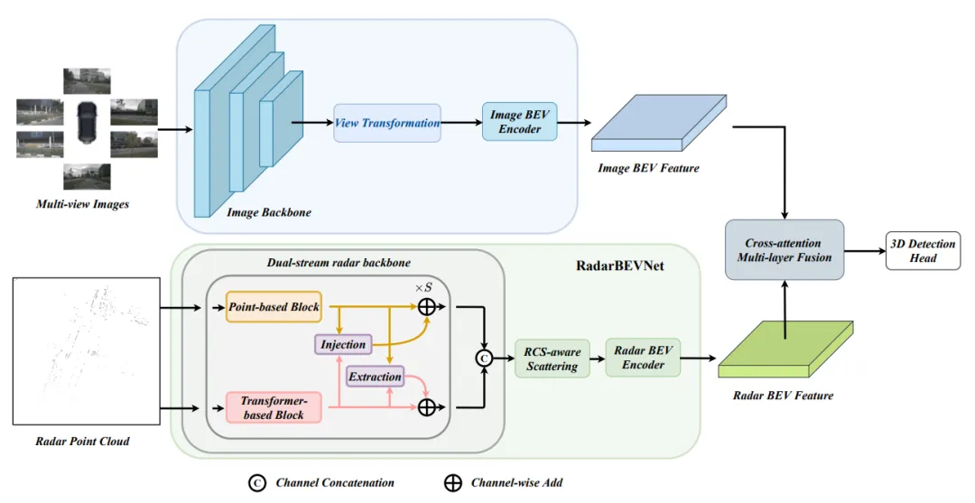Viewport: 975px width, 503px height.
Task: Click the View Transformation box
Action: click(386, 123)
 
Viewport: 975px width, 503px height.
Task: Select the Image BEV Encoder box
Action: click(519, 122)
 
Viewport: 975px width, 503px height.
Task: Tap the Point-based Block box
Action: click(274, 306)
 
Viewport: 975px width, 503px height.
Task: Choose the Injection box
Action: click(343, 344)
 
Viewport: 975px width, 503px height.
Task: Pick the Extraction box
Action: click(375, 377)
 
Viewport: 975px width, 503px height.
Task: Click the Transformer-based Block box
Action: click(274, 408)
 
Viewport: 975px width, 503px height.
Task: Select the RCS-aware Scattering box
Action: click(552, 359)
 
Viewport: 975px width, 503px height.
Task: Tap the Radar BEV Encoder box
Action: click(643, 358)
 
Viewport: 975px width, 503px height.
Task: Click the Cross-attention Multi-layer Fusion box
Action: click(785, 250)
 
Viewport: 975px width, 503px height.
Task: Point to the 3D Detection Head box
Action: click(923, 250)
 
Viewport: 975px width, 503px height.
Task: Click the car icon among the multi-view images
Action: click(87, 122)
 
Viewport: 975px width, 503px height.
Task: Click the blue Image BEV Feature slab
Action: click(658, 123)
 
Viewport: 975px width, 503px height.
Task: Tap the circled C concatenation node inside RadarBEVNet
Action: click(484, 359)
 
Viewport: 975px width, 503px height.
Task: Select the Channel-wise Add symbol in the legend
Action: click(452, 483)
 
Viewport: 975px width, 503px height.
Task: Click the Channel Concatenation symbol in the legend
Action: click(256, 483)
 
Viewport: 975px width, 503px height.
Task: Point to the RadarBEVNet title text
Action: click(620, 266)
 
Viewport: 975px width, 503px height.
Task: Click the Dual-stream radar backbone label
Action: click(339, 263)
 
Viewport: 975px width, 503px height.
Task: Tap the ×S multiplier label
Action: click(423, 288)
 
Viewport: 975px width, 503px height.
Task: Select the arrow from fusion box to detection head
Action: click(865, 250)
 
